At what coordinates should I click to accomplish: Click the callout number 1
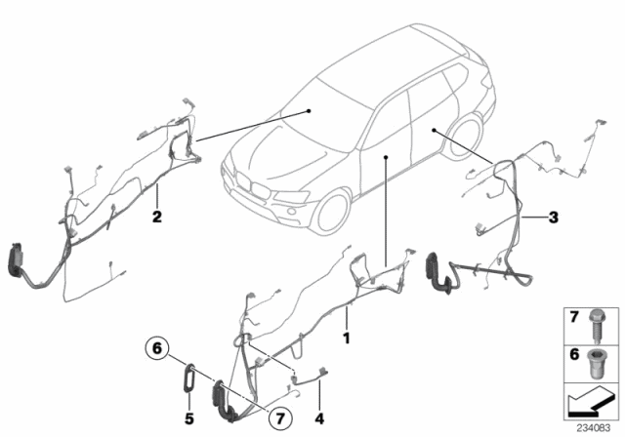click(347, 338)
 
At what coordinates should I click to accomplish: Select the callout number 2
click(157, 217)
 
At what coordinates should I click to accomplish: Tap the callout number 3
click(554, 218)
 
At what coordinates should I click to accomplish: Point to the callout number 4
click(319, 418)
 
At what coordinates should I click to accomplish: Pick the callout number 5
click(188, 418)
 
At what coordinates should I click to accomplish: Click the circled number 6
click(157, 348)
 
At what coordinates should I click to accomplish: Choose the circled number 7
click(280, 418)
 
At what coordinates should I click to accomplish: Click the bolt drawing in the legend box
click(597, 326)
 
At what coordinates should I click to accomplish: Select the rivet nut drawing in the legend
click(597, 364)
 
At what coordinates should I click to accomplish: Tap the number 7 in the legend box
click(574, 317)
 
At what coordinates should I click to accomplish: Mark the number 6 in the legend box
click(574, 354)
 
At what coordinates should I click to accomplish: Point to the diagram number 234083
click(594, 428)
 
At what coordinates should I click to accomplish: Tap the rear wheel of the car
click(465, 137)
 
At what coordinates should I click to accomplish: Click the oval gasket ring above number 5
click(189, 377)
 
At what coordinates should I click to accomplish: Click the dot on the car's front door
click(386, 157)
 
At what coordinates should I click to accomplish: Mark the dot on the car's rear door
click(434, 130)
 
